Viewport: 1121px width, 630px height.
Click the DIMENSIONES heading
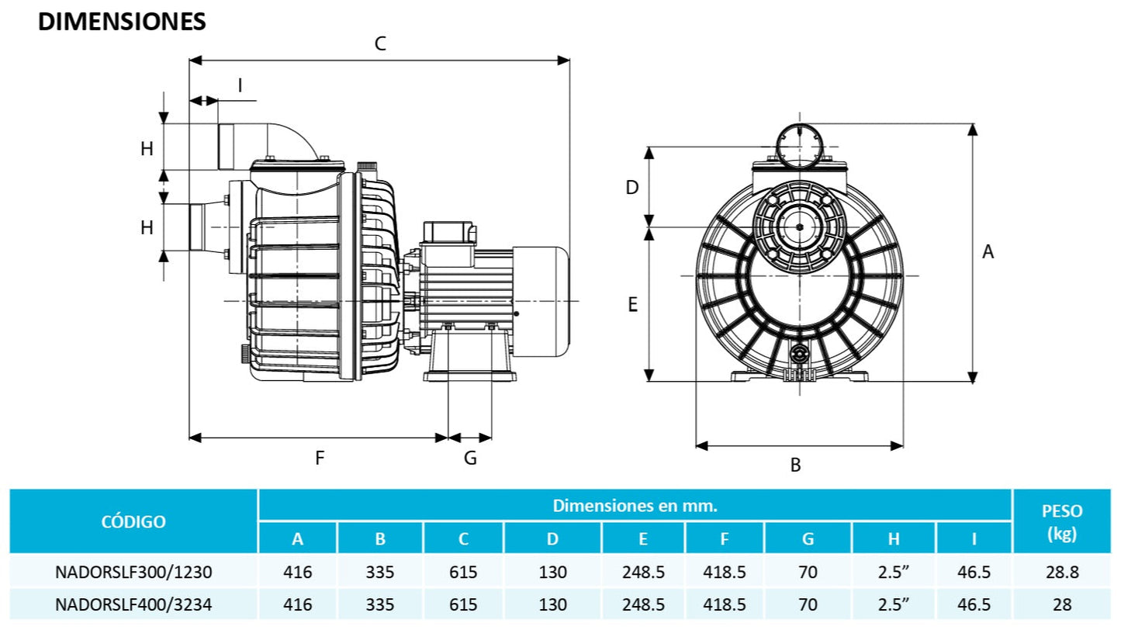122,22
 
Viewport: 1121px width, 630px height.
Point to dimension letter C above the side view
380,43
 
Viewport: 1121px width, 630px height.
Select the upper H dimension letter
147,149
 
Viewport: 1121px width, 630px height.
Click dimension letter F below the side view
319,458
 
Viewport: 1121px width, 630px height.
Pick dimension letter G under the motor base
470,458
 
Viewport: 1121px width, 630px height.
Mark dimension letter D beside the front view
632,187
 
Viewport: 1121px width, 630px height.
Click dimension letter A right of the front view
988,251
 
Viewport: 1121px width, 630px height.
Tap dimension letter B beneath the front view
795,466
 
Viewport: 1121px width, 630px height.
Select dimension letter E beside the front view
632,305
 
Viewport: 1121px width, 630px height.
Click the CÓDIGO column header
133,521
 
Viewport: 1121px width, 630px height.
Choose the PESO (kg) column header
1060,521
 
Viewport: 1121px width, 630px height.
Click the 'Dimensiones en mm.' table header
635,506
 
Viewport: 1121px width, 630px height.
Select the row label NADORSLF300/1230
133,573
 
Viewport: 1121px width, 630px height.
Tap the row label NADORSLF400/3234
133,604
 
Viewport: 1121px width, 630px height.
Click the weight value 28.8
1060,573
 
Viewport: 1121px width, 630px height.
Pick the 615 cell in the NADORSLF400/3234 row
463,604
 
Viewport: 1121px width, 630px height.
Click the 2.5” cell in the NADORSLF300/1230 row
894,573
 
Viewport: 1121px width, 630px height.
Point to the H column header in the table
894,538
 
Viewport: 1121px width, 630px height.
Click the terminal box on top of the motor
446,231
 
